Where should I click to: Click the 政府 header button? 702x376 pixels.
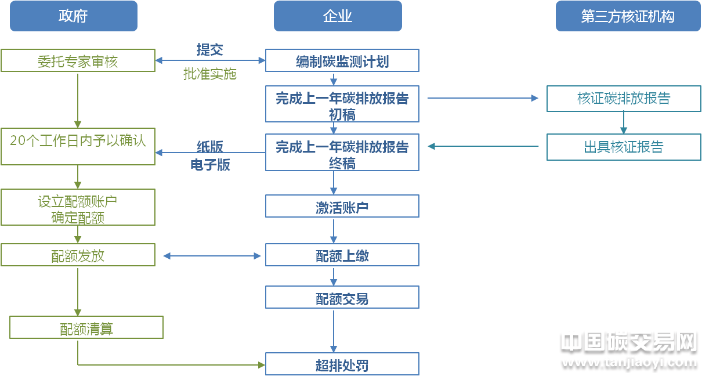tap(73, 16)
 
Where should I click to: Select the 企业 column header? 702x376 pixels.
tap(338, 16)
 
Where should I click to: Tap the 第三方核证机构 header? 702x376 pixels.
tap(628, 16)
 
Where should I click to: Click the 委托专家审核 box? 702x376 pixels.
tap(78, 60)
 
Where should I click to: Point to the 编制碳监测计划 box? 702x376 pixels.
tap(342, 60)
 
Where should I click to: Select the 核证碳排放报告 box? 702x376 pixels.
tap(624, 99)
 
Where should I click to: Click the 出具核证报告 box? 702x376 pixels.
tap(624, 147)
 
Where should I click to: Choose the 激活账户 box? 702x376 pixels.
tap(342, 207)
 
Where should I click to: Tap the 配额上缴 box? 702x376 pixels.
tap(342, 255)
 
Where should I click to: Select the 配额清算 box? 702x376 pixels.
tap(86, 328)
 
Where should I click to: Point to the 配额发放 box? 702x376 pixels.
tap(78, 255)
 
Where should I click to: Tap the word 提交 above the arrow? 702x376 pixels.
tap(209, 50)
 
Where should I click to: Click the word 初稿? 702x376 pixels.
tap(342, 114)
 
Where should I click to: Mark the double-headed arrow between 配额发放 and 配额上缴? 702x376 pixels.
tap(212, 256)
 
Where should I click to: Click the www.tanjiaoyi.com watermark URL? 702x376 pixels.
tap(629, 362)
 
